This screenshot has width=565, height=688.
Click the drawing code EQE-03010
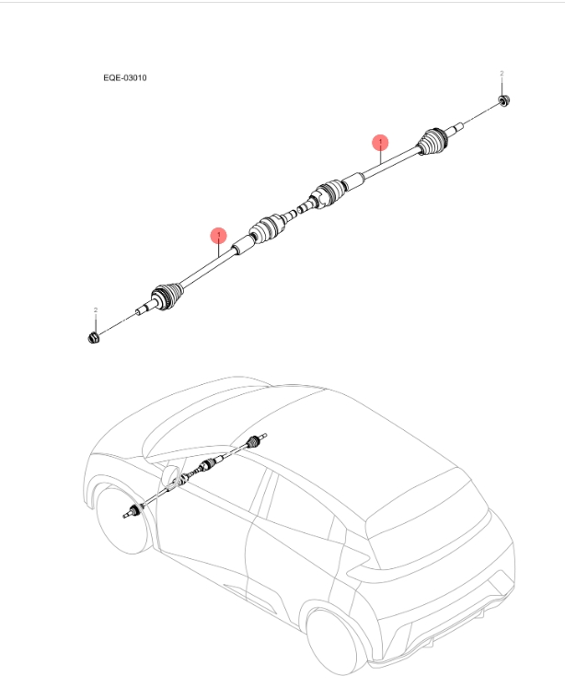pos(124,78)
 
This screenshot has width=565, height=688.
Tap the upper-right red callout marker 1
pos(380,142)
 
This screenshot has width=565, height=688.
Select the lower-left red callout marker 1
pos(218,235)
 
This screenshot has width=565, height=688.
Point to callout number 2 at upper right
pos(502,73)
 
